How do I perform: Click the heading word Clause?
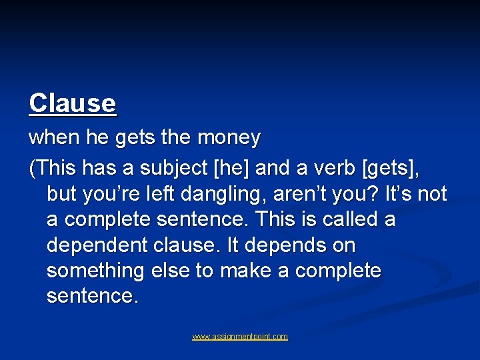(x=73, y=103)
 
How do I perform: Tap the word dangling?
(x=232, y=195)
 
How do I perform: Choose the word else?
(x=168, y=271)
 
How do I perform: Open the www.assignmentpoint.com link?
(x=240, y=337)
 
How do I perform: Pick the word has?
(x=91, y=169)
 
